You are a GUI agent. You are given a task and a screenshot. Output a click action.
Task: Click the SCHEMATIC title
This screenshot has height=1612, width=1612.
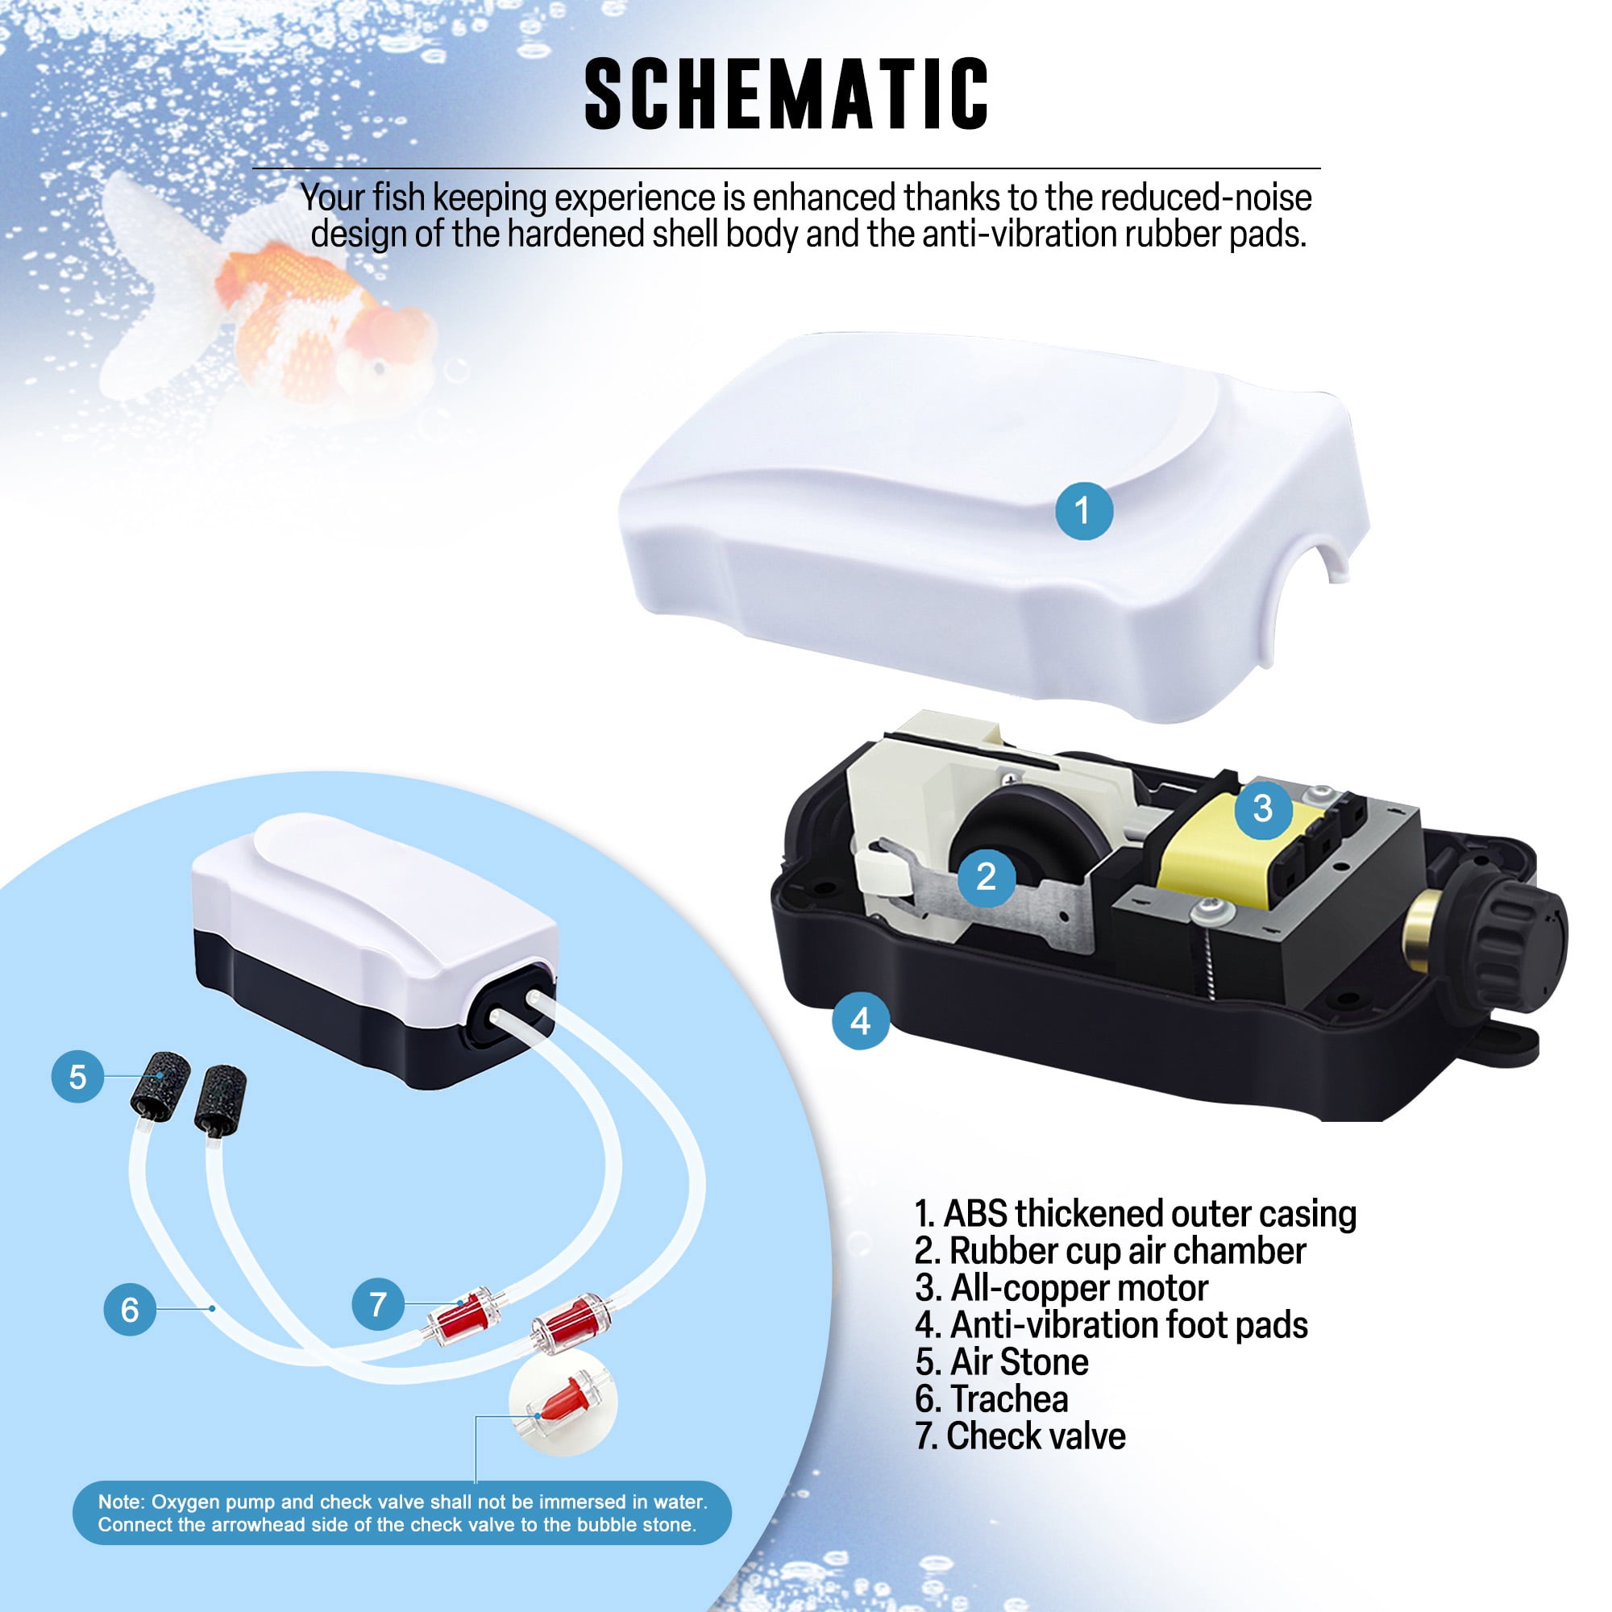tap(786, 94)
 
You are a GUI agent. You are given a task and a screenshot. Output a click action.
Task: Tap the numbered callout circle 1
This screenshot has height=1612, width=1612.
tap(1084, 510)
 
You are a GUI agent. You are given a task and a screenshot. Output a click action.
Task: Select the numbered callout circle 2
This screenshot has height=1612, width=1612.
tap(987, 876)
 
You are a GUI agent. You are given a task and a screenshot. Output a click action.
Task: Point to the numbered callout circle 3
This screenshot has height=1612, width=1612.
tap(1263, 808)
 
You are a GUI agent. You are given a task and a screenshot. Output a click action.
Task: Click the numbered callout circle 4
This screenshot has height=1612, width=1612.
tap(860, 1020)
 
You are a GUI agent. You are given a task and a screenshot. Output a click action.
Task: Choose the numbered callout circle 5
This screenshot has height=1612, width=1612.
tap(77, 1076)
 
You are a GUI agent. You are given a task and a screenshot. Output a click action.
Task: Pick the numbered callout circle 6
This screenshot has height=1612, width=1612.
tap(130, 1309)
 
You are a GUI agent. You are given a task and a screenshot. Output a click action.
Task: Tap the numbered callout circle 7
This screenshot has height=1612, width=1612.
tap(378, 1303)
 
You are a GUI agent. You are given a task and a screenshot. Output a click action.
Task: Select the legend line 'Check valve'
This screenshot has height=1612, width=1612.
tap(1020, 1435)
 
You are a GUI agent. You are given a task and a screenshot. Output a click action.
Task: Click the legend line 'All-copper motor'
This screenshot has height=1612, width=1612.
tap(1062, 1287)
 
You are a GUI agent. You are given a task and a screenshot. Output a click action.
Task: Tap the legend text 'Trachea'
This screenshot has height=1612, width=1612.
tap(1009, 1398)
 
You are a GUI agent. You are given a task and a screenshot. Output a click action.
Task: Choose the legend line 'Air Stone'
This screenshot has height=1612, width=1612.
tap(1002, 1361)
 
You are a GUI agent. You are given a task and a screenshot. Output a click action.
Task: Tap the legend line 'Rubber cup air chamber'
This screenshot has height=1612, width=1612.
tap(1111, 1251)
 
